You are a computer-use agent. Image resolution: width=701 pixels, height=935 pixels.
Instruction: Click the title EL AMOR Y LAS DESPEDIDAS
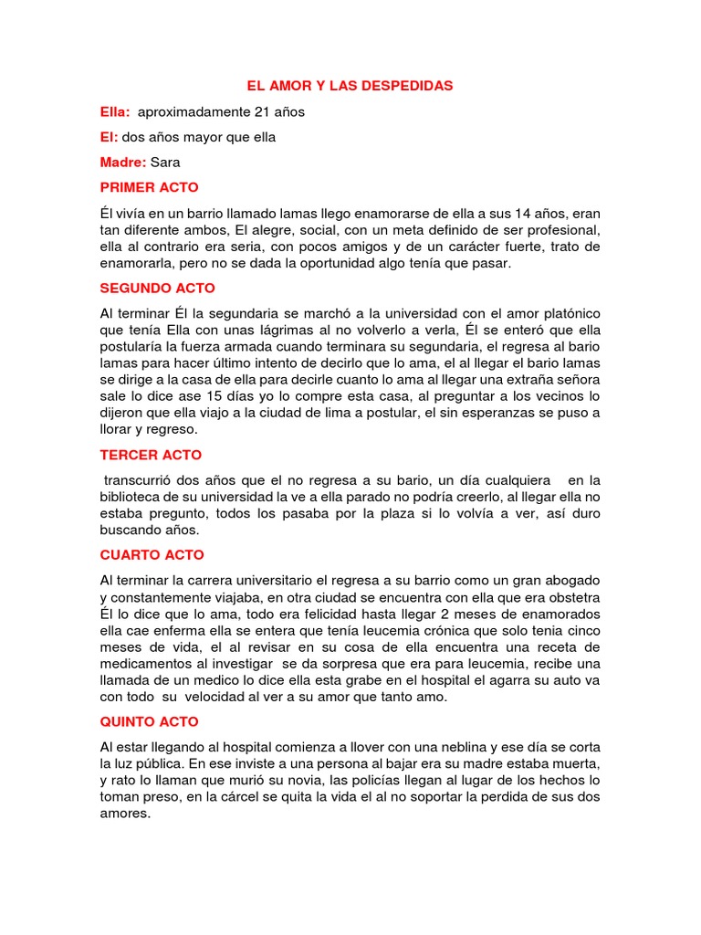pos(350,86)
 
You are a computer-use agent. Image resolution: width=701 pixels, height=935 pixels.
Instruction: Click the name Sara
pos(165,163)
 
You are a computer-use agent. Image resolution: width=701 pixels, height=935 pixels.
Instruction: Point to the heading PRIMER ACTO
pos(149,187)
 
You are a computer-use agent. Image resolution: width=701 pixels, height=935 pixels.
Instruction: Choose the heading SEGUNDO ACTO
pos(158,288)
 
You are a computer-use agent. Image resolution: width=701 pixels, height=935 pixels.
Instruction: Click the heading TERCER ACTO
pos(151,455)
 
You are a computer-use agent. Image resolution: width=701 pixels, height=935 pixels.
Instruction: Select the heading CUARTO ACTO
pos(152,554)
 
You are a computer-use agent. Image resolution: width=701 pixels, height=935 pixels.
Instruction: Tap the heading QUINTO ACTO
pos(150,721)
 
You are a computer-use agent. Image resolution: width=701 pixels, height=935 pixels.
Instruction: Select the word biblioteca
pos(131,497)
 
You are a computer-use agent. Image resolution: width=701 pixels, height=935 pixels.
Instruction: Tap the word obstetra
pos(570,597)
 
